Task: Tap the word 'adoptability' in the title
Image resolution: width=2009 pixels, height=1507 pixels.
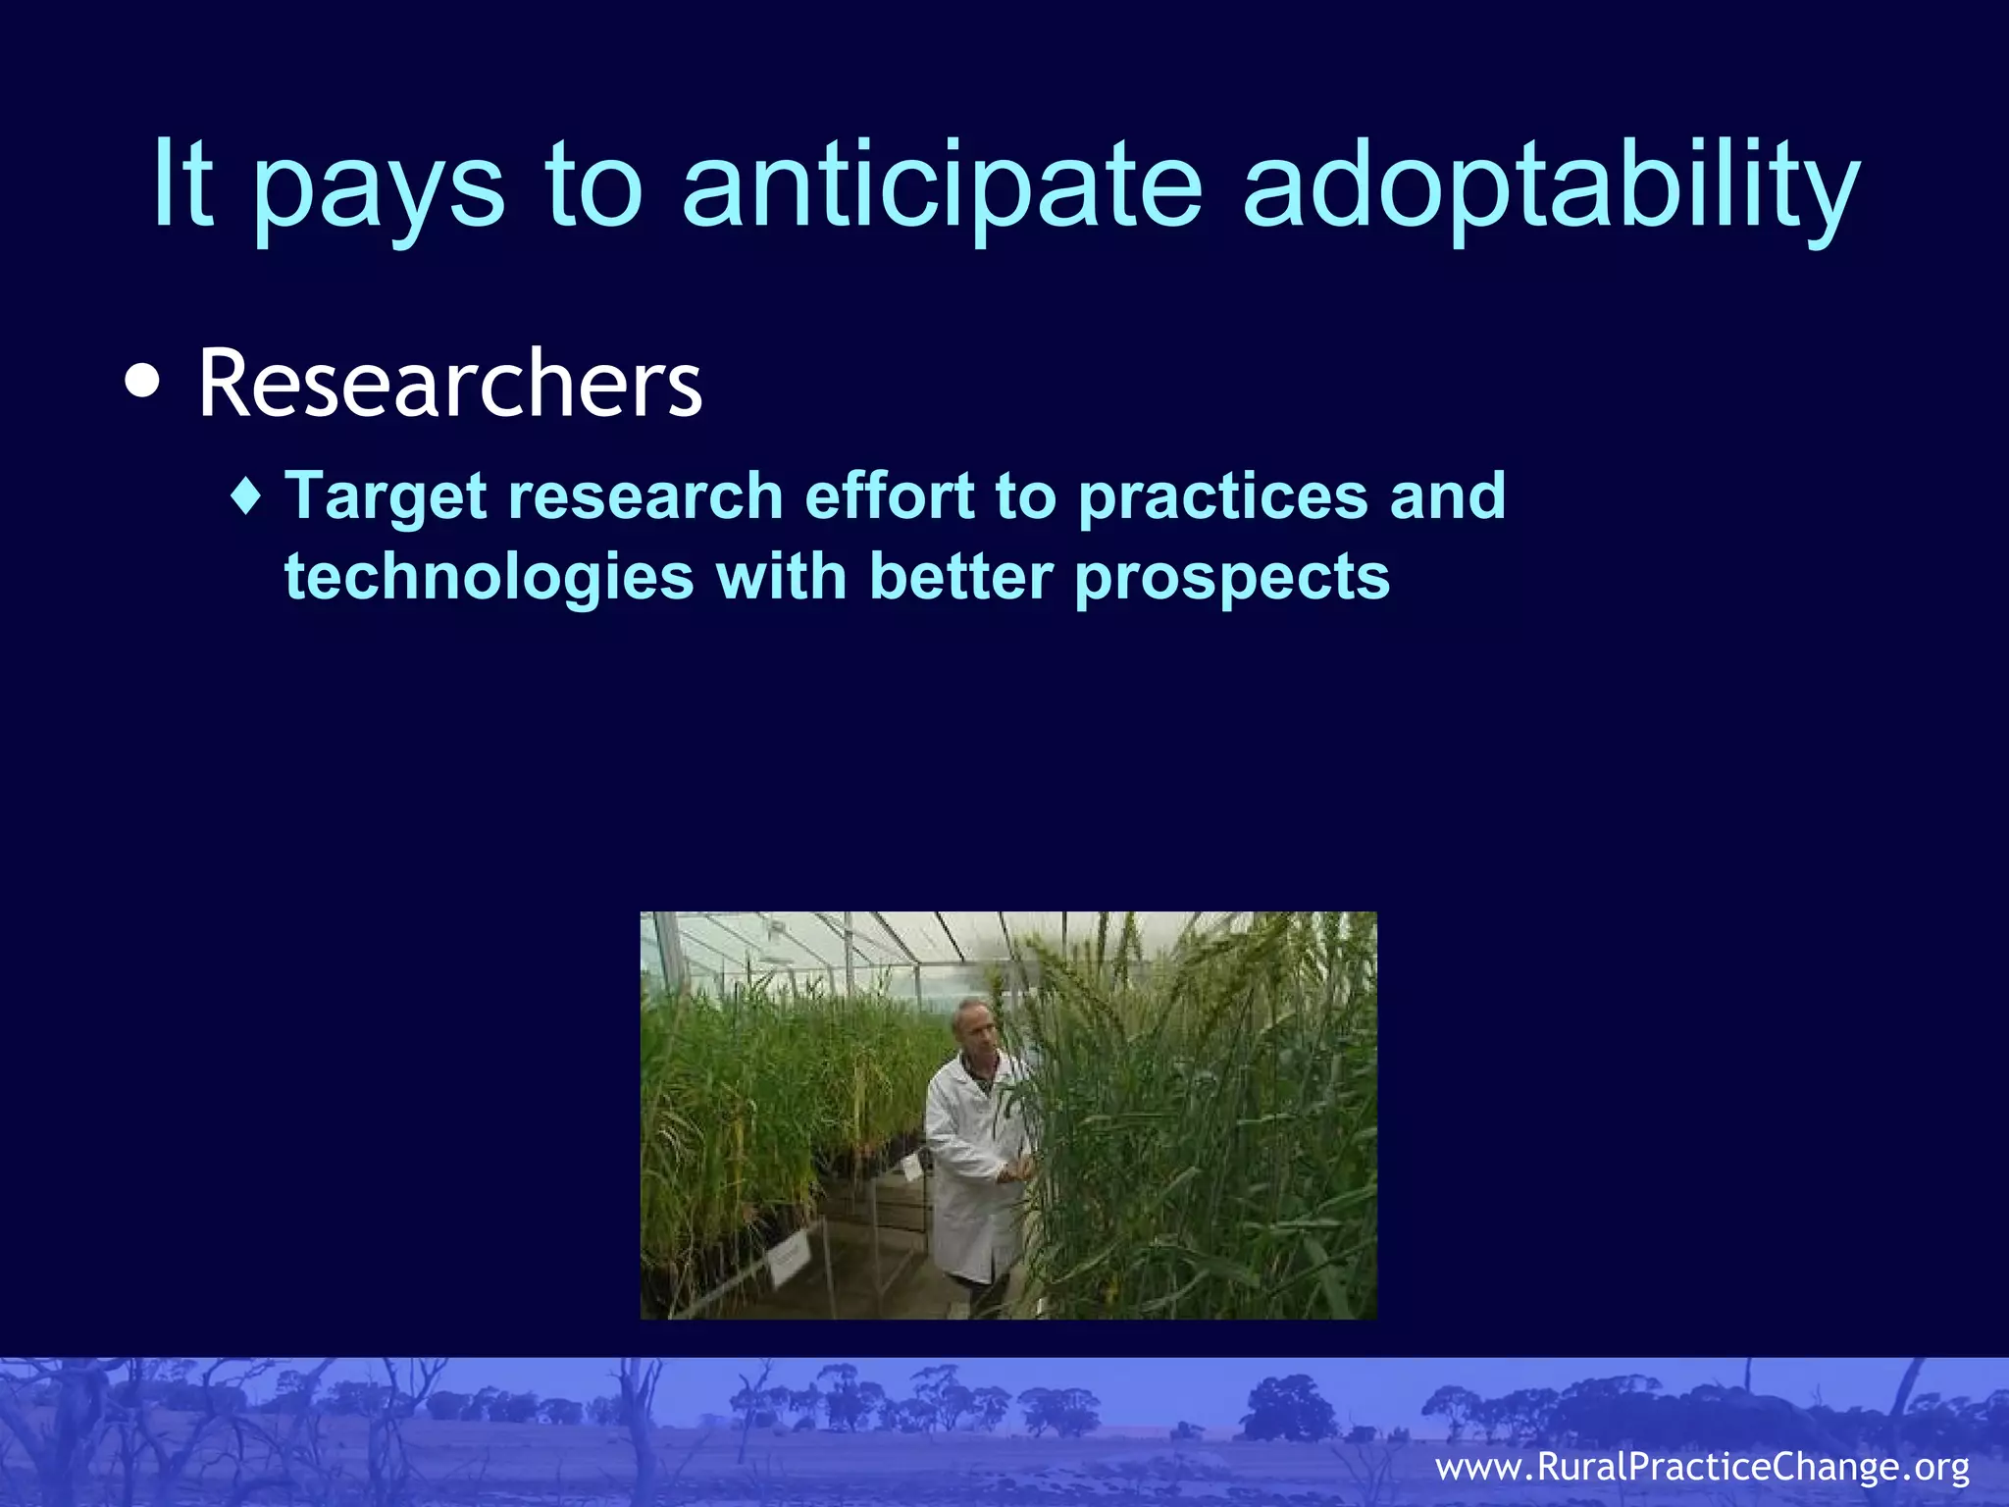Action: tap(1550, 186)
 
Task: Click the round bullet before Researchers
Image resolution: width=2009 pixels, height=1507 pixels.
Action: tap(143, 383)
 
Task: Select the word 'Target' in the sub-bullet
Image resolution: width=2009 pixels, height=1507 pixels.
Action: tap(386, 495)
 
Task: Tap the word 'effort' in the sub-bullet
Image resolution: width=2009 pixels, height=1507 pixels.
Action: tap(889, 495)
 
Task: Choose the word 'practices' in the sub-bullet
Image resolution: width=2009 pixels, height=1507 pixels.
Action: tap(1222, 495)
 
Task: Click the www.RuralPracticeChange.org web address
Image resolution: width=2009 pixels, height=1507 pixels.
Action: tap(1702, 1468)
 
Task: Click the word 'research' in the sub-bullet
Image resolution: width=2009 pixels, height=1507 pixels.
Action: tap(644, 495)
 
